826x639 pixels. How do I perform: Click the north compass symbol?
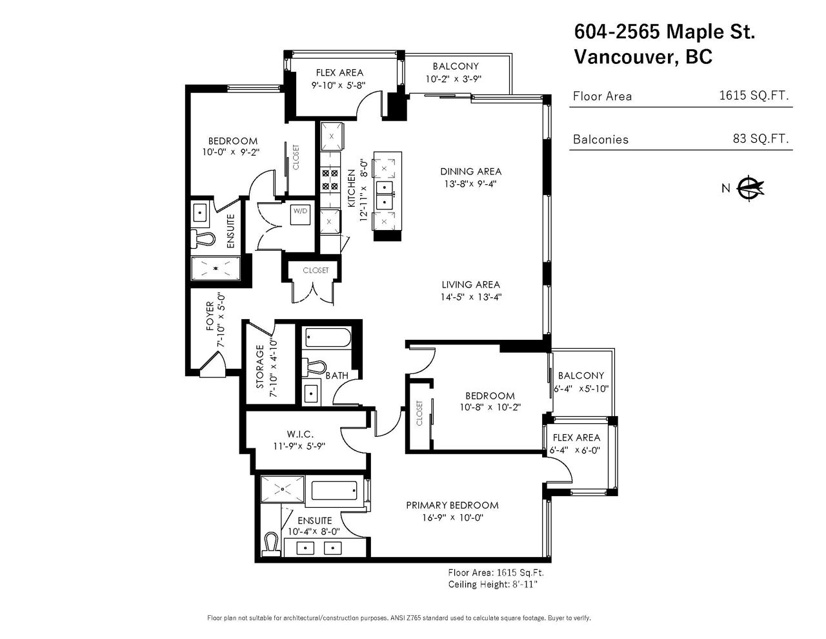750,188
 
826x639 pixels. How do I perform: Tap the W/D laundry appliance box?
300,215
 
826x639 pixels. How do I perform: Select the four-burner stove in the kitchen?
330,180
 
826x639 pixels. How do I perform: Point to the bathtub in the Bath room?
327,338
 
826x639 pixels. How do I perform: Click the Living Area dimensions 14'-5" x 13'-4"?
471,297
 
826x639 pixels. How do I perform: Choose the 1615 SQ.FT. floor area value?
754,96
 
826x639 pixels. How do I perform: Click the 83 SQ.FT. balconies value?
761,138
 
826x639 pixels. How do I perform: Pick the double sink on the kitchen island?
385,194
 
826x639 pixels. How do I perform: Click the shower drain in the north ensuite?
216,268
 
